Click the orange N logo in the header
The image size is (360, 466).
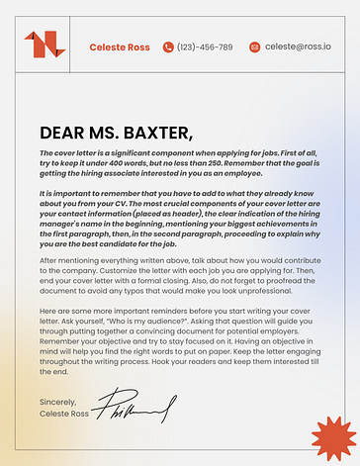coord(44,45)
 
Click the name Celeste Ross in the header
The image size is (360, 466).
coord(120,47)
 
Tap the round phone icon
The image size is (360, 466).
coord(168,47)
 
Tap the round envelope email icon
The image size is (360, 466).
coord(255,47)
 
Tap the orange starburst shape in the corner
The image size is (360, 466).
coord(332,437)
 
